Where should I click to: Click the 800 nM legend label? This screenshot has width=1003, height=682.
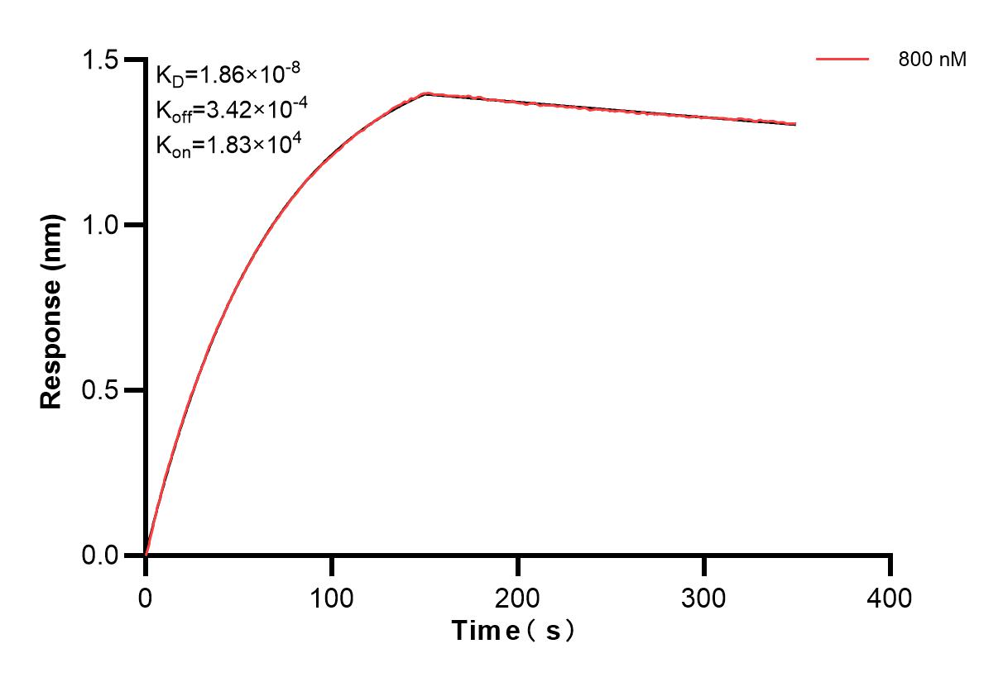[932, 60]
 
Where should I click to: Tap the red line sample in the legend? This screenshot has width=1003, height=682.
[842, 60]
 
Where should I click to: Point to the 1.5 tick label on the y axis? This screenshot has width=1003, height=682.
[105, 60]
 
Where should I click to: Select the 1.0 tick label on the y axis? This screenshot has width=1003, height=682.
[105, 225]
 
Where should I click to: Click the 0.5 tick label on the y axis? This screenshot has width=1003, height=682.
[105, 390]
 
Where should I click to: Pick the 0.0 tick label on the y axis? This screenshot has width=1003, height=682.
[105, 555]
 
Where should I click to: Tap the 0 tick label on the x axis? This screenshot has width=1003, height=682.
[146, 597]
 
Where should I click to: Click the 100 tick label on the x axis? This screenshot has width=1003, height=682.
[332, 597]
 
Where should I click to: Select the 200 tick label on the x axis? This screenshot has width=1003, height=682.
[518, 597]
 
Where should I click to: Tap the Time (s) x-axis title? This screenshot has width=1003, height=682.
[513, 632]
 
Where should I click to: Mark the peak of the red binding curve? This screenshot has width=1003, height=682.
[426, 93]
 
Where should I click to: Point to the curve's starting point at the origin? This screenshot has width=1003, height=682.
[146, 555]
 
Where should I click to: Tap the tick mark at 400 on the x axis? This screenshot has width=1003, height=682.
[890, 565]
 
